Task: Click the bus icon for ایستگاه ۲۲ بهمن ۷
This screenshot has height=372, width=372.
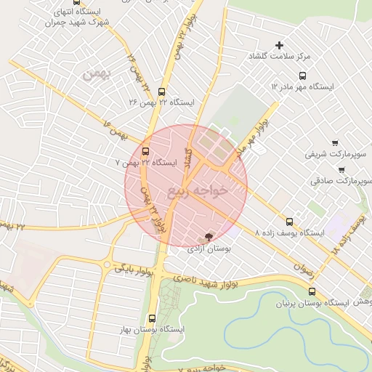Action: [146, 152]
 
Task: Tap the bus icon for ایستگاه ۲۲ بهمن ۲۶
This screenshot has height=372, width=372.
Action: [161, 92]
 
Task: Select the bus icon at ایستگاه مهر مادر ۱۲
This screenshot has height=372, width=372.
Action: [302, 75]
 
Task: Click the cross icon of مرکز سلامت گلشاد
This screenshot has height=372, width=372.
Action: [279, 46]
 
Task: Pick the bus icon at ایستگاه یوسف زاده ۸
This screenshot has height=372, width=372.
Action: [290, 222]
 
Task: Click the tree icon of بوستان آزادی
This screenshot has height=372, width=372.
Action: [209, 237]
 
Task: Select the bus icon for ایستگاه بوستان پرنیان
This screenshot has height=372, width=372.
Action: [312, 291]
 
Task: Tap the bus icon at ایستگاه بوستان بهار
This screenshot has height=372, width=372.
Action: [152, 318]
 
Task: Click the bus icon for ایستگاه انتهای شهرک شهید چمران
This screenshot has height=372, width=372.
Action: [77, 2]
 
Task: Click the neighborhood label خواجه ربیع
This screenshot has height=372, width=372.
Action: [198, 191]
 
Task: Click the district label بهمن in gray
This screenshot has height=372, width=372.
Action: [95, 74]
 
